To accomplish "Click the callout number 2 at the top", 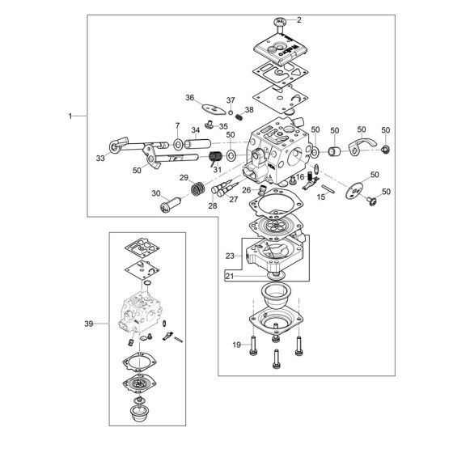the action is pyautogui.click(x=299, y=19).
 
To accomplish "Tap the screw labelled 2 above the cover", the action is pyautogui.click(x=280, y=25).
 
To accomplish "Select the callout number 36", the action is pyautogui.click(x=189, y=98).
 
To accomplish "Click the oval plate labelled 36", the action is pyautogui.click(x=214, y=109).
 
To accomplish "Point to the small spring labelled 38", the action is pyautogui.click(x=239, y=117).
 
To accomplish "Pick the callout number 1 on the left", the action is pyautogui.click(x=70, y=116).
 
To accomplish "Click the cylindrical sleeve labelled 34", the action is pyautogui.click(x=198, y=144).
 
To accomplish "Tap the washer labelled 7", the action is pyautogui.click(x=178, y=144).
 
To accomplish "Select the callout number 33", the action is pyautogui.click(x=100, y=159).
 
